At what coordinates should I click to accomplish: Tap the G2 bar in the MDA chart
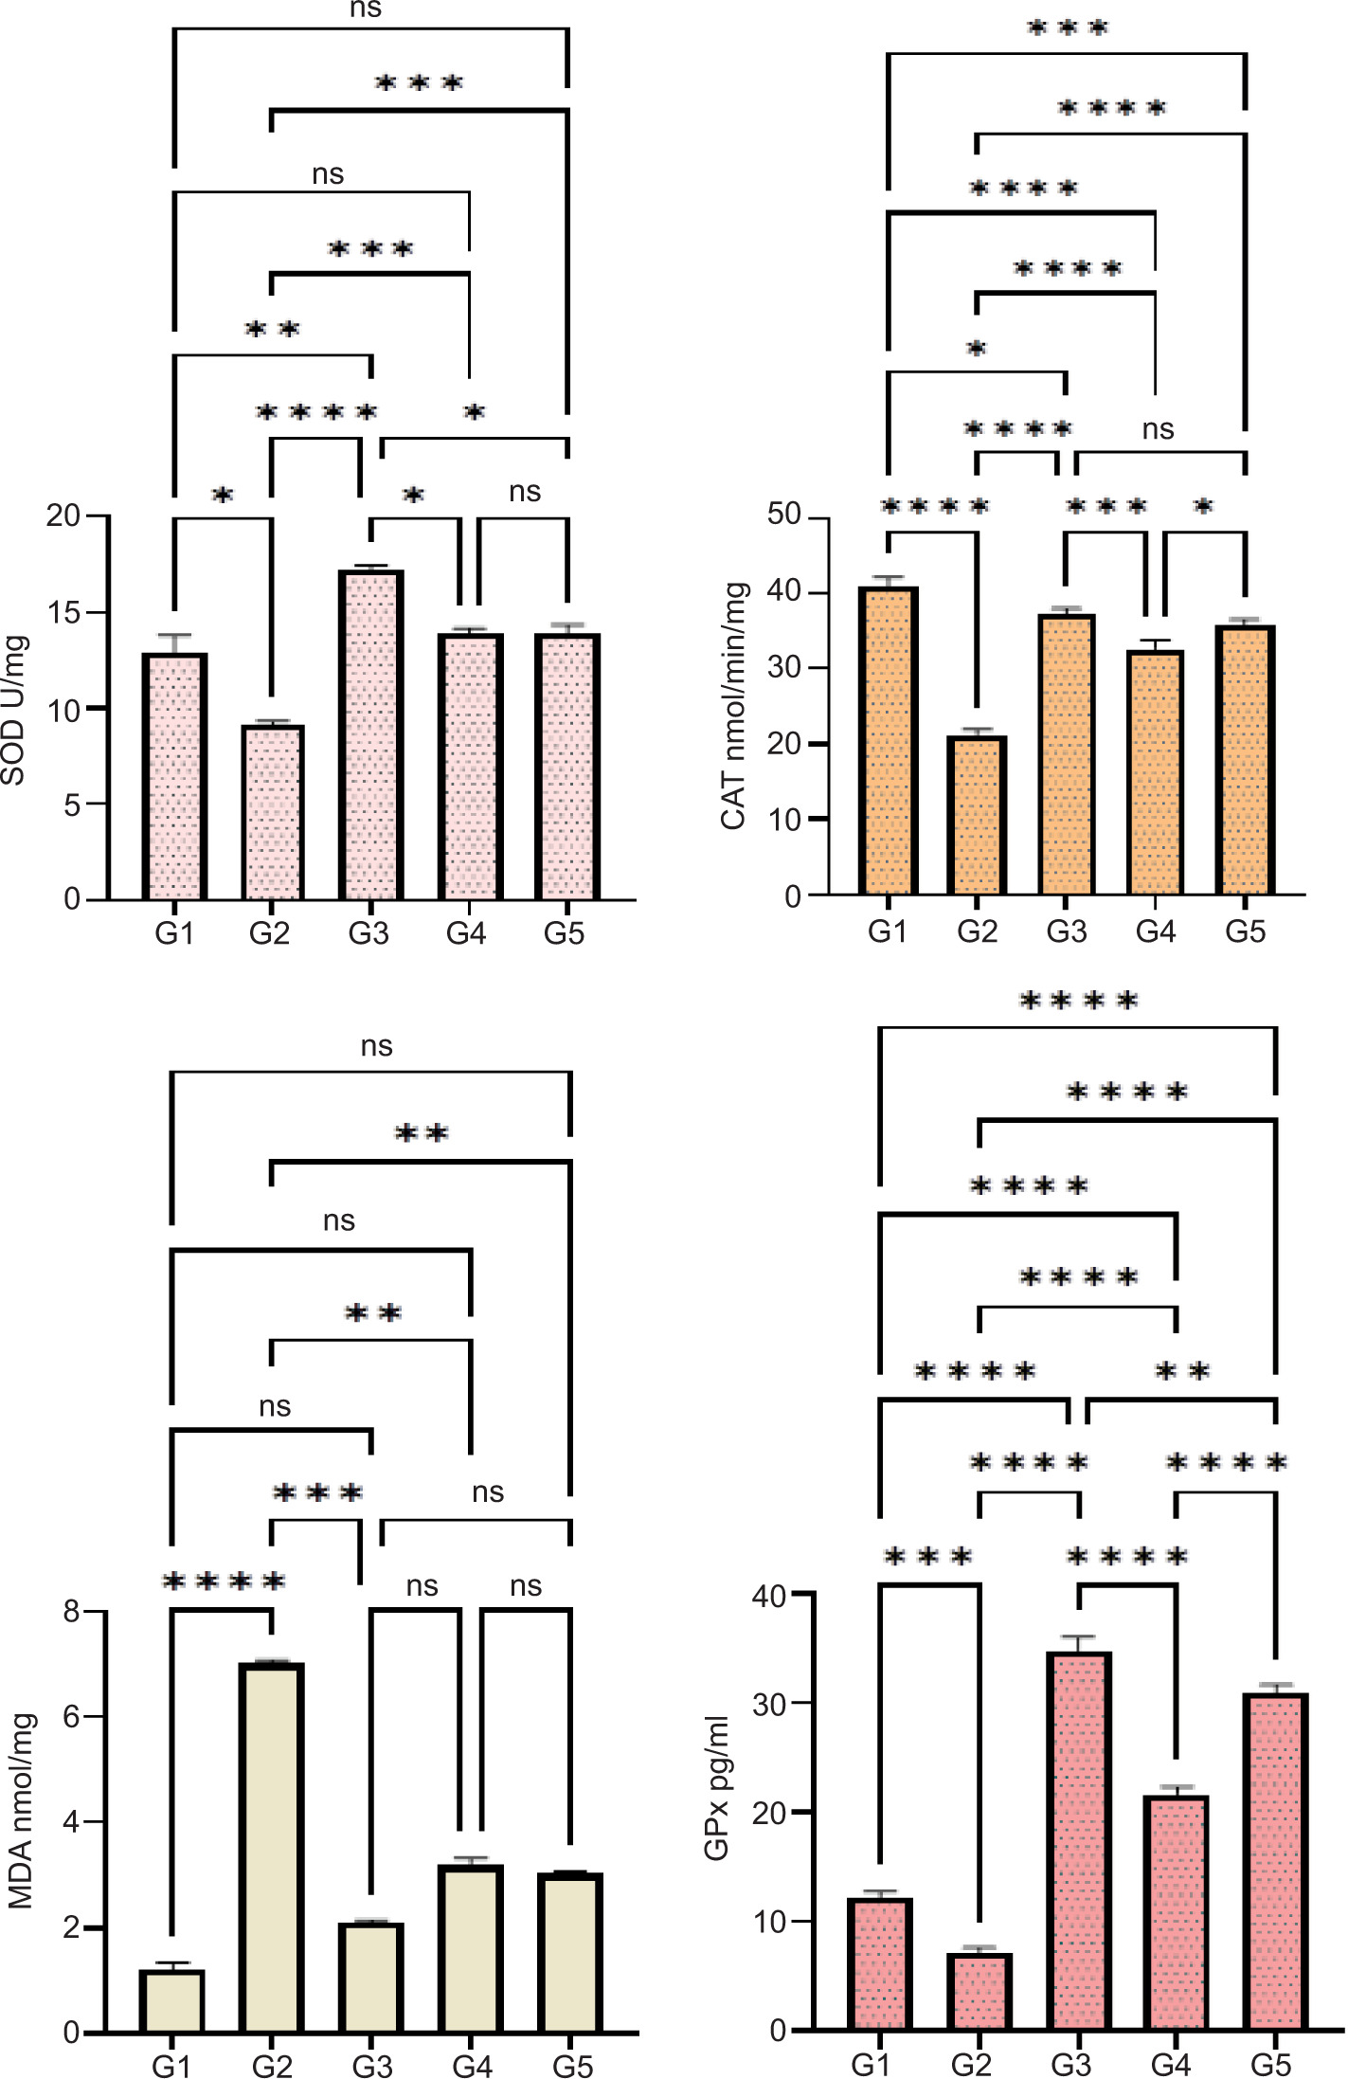click(272, 1848)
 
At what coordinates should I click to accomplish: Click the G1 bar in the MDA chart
click(171, 2000)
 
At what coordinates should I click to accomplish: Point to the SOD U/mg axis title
click(13, 710)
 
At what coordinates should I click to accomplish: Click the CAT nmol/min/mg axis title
click(733, 706)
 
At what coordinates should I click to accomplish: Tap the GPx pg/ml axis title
click(717, 1787)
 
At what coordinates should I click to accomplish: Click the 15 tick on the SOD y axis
click(64, 613)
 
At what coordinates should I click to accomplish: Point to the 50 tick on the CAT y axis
click(784, 515)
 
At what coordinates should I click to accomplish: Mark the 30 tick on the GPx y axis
click(769, 1704)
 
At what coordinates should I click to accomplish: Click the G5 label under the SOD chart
click(564, 933)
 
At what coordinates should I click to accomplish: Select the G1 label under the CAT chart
click(888, 931)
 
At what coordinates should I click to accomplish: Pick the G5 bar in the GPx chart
click(1275, 1862)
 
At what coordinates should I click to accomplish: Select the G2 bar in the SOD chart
click(272, 812)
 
